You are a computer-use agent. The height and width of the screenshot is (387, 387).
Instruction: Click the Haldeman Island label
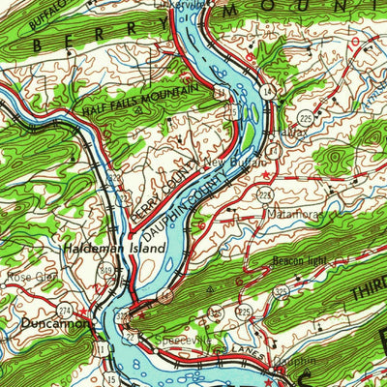click(x=114, y=248)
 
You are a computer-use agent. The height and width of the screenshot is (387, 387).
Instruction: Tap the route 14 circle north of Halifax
click(x=264, y=89)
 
